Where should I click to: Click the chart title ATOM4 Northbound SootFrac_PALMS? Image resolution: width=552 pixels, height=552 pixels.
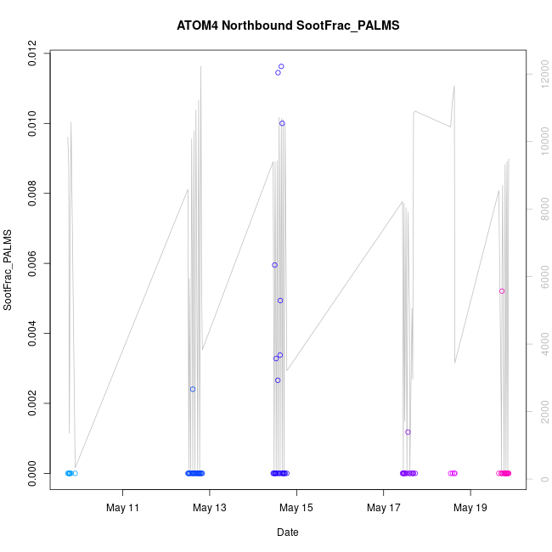(x=288, y=25)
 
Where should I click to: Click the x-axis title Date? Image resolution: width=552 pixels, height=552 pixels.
(x=287, y=532)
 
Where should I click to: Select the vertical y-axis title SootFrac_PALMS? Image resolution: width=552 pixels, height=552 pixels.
(x=8, y=269)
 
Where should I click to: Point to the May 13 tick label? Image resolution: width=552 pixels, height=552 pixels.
(x=210, y=509)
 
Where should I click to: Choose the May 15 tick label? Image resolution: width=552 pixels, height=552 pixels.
(x=296, y=509)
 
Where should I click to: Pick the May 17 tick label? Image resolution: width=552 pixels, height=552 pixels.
(x=384, y=509)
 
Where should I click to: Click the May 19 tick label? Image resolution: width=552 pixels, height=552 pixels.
(x=470, y=509)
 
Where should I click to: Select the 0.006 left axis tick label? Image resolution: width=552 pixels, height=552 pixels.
(x=31, y=264)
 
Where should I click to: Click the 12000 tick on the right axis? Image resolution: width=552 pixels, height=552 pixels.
(x=541, y=75)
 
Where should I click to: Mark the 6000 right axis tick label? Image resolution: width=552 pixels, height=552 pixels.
(x=541, y=277)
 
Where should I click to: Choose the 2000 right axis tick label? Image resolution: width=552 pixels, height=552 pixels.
(x=541, y=412)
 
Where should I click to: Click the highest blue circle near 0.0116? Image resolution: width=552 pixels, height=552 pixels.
(x=281, y=66)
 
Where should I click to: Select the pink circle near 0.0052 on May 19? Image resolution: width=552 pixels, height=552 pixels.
(x=502, y=291)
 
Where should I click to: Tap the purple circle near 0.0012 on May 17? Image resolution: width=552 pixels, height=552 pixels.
(x=408, y=432)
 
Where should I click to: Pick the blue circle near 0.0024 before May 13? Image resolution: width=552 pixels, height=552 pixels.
(x=193, y=389)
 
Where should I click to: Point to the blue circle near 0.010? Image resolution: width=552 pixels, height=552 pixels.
(x=282, y=123)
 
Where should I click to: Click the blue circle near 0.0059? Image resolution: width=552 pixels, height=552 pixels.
(x=274, y=265)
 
